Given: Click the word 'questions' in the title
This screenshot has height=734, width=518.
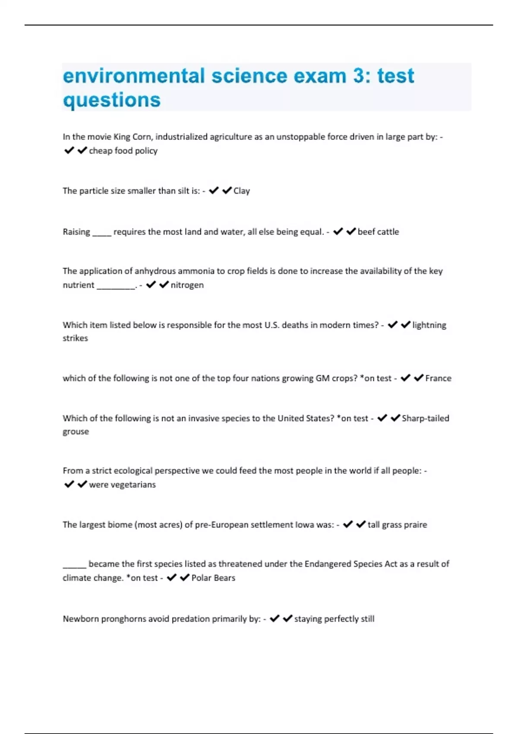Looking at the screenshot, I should click(x=112, y=100).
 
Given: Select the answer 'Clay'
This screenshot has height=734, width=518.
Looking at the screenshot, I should click(x=242, y=191).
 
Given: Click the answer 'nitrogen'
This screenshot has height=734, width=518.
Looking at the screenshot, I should click(x=187, y=285).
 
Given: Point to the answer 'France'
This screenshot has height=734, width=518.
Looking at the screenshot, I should click(x=438, y=378).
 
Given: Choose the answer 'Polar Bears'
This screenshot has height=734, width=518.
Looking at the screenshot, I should click(x=213, y=578).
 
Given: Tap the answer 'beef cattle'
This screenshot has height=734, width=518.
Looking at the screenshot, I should click(x=378, y=232).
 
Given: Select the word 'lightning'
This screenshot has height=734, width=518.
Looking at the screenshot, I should click(x=429, y=325).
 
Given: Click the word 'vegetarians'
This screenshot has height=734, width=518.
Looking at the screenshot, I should click(x=133, y=484).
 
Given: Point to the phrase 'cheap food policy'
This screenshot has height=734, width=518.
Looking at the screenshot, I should click(x=123, y=151).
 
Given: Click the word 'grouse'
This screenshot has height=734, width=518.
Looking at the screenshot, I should click(x=76, y=431).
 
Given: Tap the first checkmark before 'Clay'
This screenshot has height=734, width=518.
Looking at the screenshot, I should click(x=214, y=190).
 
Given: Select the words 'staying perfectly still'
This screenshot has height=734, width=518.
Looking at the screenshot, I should click(x=334, y=619).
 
